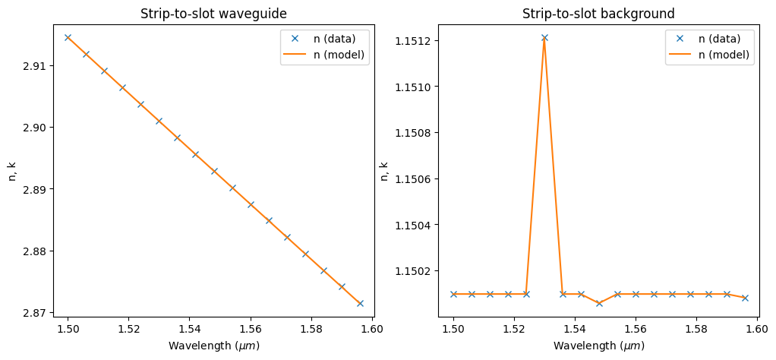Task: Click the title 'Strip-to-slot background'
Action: (x=598, y=14)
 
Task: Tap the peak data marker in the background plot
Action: (x=544, y=37)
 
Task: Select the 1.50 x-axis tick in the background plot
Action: (x=453, y=329)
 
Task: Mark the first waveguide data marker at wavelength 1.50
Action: (x=68, y=37)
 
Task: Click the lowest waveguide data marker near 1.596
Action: (x=360, y=303)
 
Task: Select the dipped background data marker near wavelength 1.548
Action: (x=599, y=303)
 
